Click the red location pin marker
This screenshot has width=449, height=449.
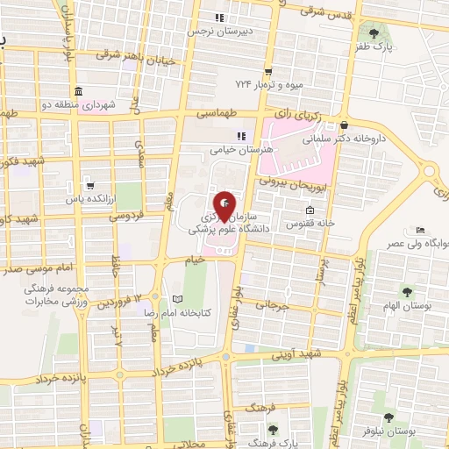(x=224, y=207)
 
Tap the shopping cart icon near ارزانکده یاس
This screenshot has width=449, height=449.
(x=89, y=186)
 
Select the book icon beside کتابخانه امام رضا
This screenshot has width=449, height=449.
(x=179, y=298)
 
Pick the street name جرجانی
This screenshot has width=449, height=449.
(x=272, y=305)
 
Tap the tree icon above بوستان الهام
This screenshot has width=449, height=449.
(x=406, y=291)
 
